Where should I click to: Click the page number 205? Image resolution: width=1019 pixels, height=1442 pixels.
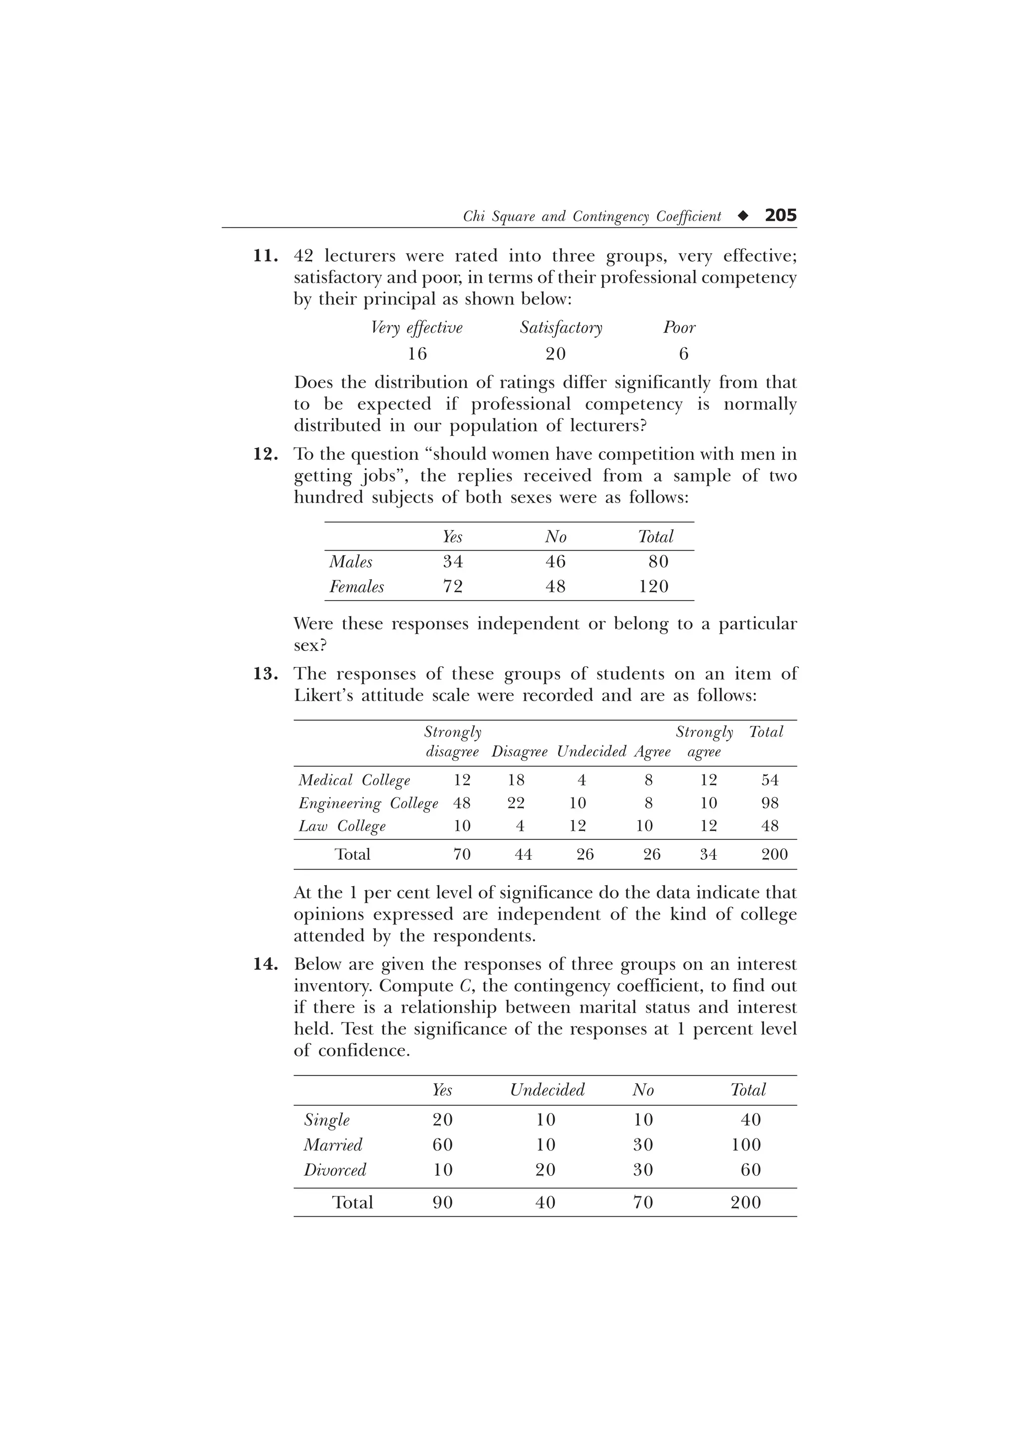[780, 215]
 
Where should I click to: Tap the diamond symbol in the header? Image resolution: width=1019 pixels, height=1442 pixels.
[743, 216]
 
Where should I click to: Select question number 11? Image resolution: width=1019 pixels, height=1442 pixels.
[265, 256]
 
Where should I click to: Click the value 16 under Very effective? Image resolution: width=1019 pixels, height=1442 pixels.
[417, 354]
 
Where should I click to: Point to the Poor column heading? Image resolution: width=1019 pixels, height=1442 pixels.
[679, 328]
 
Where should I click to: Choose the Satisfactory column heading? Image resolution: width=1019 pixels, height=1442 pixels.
[561, 328]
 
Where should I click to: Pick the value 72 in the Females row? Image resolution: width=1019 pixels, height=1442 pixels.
[453, 587]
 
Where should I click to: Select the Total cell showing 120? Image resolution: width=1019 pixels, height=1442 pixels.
[654, 587]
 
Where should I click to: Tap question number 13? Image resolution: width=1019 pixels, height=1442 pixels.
[265, 674]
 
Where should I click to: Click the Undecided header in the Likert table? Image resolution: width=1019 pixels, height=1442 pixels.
[592, 752]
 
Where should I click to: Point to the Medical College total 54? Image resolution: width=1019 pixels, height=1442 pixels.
[770, 780]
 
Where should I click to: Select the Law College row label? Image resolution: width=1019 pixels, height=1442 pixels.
[342, 826]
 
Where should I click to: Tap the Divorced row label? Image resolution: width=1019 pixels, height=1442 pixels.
[335, 1170]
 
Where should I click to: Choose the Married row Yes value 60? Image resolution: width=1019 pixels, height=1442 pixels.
[443, 1145]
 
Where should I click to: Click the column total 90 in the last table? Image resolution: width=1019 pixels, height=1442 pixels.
[443, 1203]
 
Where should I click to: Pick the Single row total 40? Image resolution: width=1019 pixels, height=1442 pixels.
[751, 1120]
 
